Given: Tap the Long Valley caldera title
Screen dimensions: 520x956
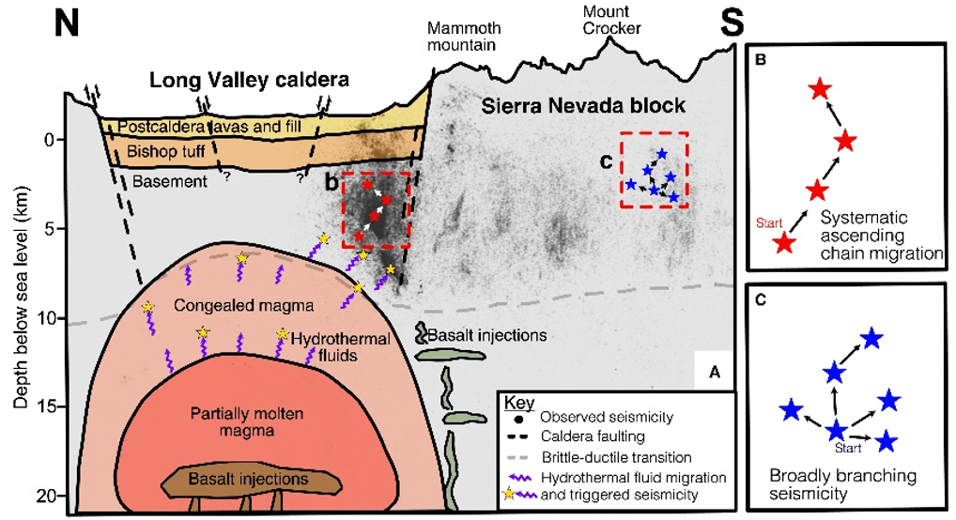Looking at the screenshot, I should [x=249, y=81].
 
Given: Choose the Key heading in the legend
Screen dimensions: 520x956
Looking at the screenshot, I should [x=518, y=399].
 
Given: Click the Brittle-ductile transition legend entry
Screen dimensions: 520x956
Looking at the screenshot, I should [x=616, y=457].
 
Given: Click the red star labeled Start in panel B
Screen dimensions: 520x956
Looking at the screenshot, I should [x=784, y=243].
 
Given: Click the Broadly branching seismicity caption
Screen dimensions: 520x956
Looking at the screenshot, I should [x=822, y=485].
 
